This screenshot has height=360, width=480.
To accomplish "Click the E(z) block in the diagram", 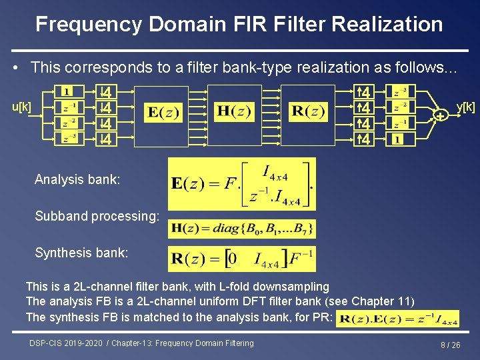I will tap(162, 112).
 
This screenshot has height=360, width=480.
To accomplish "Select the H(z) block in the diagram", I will tap(234, 111).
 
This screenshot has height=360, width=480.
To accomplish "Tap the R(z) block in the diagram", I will tap(307, 111).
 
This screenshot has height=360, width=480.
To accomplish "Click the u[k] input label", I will tap(22, 107).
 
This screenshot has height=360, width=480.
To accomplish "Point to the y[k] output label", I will tap(465, 107).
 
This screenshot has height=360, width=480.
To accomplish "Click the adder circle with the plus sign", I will tap(440, 116).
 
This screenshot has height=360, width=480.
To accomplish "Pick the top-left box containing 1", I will tap(69, 91).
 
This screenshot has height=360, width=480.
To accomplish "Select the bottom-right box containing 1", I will tap(398, 139).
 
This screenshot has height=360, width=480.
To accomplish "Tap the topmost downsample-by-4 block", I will tap(106, 91).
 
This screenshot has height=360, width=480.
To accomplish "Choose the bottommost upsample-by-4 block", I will tap(364, 139).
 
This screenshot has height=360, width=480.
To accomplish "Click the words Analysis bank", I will tap(77, 179).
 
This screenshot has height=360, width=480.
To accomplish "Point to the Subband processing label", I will tap(97, 216).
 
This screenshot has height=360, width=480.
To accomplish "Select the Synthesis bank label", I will tap(81, 253).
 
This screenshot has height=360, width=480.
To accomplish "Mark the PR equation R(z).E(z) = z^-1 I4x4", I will tap(398, 319).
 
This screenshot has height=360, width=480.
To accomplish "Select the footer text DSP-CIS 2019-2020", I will tap(65, 343).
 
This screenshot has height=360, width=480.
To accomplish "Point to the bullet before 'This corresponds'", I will tap(15, 67).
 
